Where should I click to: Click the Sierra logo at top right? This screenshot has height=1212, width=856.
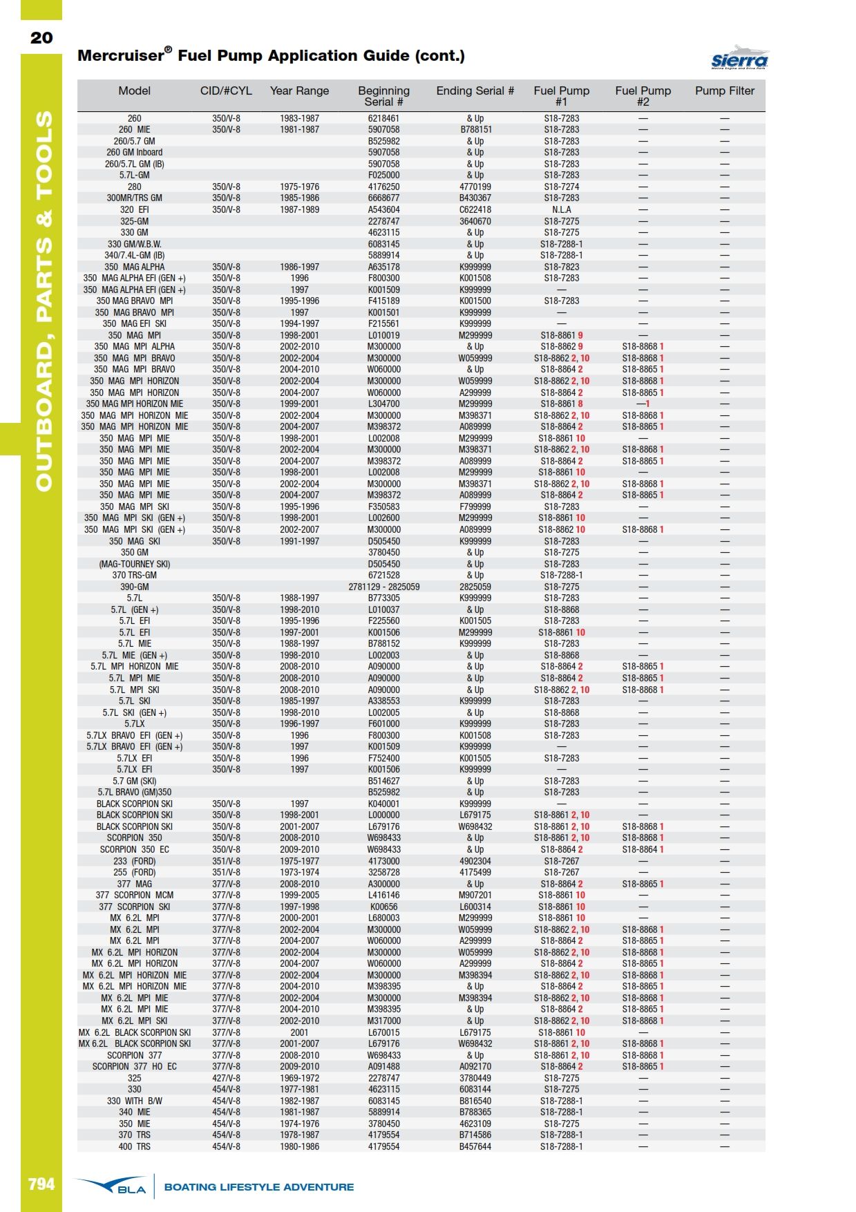point(739,58)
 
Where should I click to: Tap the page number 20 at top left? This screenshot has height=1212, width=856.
point(41,38)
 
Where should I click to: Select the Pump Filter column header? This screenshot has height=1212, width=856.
point(725,91)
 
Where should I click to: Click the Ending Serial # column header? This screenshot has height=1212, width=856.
point(475,91)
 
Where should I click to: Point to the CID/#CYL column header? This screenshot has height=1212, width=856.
point(226,91)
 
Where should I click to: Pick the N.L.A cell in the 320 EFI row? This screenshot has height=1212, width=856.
point(561,209)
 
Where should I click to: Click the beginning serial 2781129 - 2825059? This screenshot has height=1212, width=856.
point(383,587)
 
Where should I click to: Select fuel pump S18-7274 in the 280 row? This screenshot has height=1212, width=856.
point(561,187)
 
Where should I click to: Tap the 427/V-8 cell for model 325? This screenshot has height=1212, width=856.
point(226,1078)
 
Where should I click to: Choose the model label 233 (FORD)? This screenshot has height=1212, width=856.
point(135,861)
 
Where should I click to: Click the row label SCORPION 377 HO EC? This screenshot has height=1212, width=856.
point(135,1066)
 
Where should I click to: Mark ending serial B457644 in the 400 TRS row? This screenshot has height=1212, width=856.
point(475,1146)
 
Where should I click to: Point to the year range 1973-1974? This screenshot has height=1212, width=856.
point(299,872)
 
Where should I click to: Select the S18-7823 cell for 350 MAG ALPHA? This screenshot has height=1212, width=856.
point(561,267)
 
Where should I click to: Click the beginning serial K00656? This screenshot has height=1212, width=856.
point(383,907)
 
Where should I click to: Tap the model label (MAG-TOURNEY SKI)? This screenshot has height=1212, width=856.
point(135,564)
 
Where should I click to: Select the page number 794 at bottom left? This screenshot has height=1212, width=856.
point(41,1184)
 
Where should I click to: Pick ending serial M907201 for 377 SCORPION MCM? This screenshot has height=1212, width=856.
point(475,895)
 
